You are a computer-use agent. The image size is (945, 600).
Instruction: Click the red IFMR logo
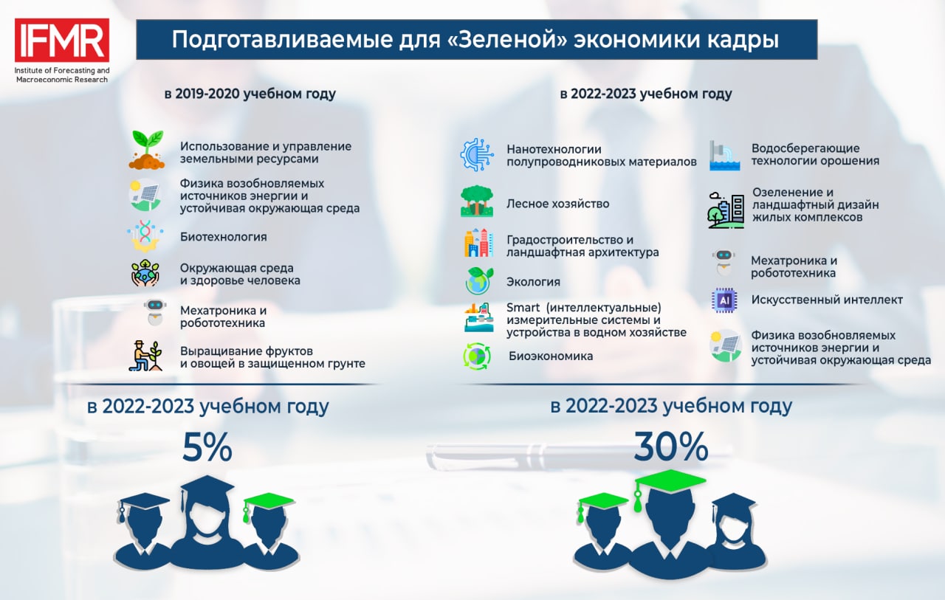[x=62, y=40]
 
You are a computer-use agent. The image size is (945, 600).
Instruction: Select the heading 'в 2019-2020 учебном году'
[x=250, y=94]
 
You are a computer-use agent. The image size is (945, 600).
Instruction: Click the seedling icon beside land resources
[x=146, y=150]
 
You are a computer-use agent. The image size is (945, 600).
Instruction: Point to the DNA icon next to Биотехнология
[x=145, y=235]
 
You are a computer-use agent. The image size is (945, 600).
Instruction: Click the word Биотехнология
[x=224, y=237]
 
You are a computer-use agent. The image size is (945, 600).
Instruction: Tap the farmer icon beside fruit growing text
[x=145, y=356]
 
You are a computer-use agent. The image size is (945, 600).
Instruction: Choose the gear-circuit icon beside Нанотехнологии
[x=477, y=155]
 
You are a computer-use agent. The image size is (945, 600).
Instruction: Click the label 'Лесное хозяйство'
[x=557, y=204]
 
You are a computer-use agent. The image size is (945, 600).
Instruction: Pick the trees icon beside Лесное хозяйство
[x=477, y=201]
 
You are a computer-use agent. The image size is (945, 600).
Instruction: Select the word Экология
[x=533, y=282]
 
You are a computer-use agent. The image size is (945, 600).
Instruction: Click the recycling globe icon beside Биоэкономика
[x=477, y=356]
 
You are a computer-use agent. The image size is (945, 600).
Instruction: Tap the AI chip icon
[x=724, y=300]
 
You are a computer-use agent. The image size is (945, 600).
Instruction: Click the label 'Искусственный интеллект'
[x=827, y=300]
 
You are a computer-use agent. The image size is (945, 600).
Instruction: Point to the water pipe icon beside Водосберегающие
[x=724, y=156]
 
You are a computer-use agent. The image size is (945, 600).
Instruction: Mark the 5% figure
[x=207, y=447]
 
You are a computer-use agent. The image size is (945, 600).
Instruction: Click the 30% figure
[x=671, y=446]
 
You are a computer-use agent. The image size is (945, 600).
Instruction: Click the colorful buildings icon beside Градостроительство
[x=478, y=244]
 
